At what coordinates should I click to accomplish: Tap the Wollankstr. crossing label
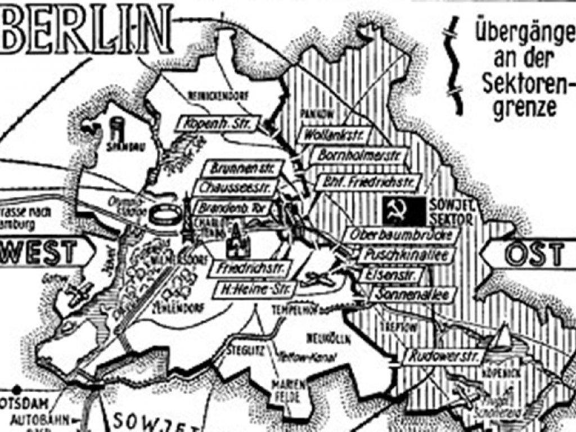point(331,136)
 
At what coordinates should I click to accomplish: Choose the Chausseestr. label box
point(235,188)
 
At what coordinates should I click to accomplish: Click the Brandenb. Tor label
point(233,207)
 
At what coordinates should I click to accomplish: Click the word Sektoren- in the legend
point(525,84)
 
